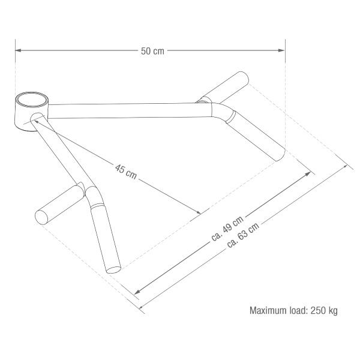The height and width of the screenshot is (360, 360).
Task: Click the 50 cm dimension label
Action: pyautogui.click(x=152, y=51)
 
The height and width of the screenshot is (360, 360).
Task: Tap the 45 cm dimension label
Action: pyautogui.click(x=126, y=172)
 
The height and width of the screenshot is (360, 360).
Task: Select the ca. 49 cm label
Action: pyautogui.click(x=227, y=228)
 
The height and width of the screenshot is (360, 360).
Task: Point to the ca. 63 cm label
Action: pyautogui.click(x=244, y=235)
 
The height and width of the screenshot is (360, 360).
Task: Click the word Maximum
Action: pyautogui.click(x=268, y=310)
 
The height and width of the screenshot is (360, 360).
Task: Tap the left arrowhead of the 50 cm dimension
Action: pyautogui.click(x=18, y=50)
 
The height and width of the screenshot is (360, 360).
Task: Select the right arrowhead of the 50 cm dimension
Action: pyautogui.click(x=282, y=50)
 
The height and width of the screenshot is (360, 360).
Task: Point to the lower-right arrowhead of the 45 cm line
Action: pyautogui.click(x=197, y=212)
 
